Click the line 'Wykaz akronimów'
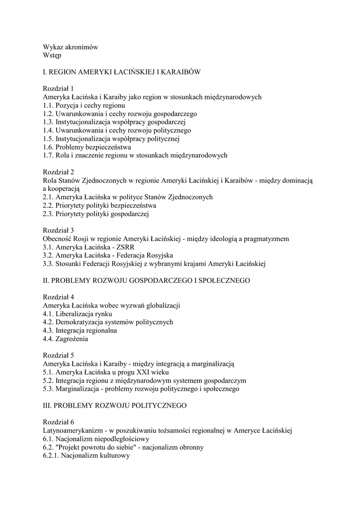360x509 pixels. click(x=70, y=47)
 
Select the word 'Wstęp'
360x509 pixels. click(x=52, y=55)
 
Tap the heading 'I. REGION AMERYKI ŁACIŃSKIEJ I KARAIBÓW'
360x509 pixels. click(x=122, y=72)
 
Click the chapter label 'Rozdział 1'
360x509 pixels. click(x=58, y=88)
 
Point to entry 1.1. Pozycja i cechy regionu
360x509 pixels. click(x=84, y=105)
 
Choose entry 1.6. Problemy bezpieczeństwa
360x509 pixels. click(x=87, y=147)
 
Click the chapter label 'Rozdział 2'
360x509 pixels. click(x=58, y=172)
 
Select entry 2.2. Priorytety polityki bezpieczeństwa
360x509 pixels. click(x=99, y=205)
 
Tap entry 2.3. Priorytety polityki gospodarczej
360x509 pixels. click(x=96, y=214)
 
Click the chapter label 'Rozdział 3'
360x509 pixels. click(x=58, y=230)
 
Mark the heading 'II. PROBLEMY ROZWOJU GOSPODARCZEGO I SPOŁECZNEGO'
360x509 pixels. click(x=146, y=280)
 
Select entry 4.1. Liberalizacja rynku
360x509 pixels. click(x=77, y=314)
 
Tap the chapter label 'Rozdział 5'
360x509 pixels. click(x=58, y=355)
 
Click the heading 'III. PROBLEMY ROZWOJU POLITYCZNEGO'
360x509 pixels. click(x=115, y=406)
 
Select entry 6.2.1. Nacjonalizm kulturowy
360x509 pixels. click(x=87, y=455)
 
